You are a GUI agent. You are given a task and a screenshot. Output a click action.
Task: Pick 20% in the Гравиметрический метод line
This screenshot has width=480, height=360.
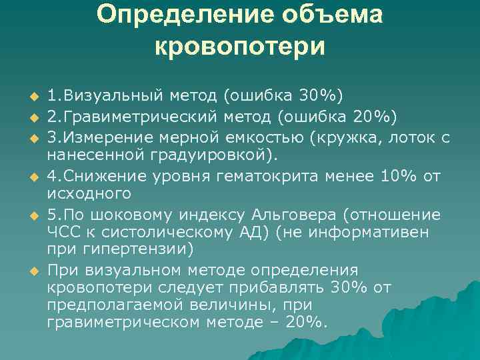click(x=370, y=117)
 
